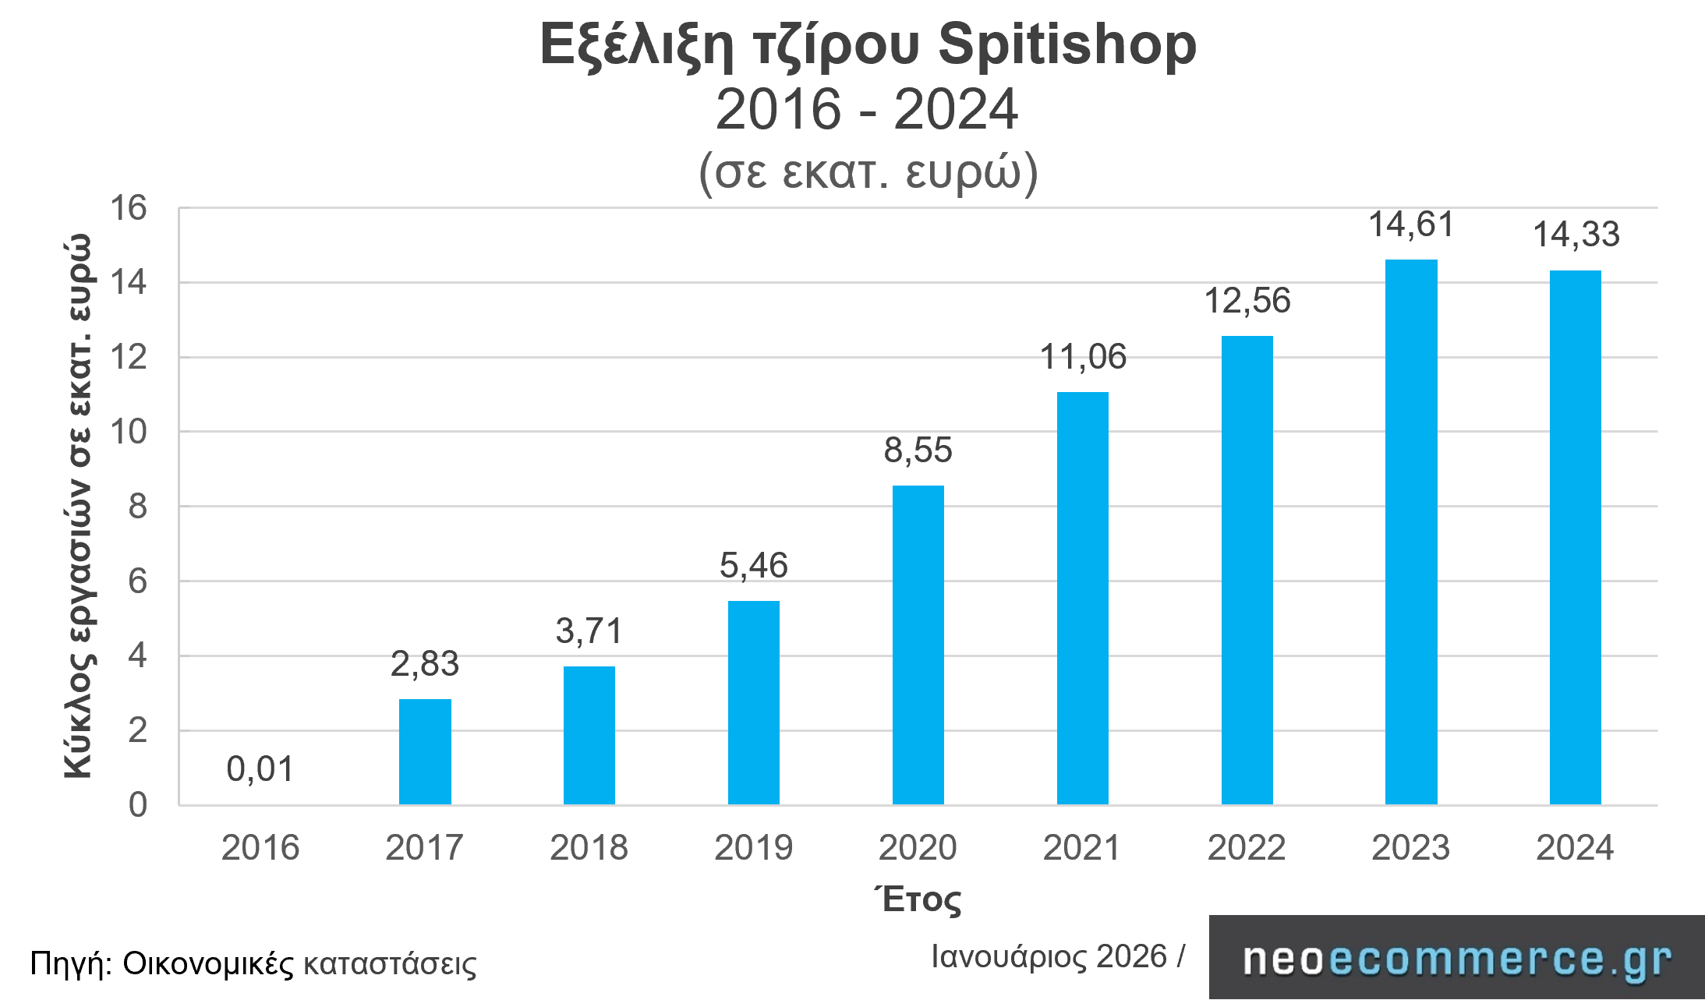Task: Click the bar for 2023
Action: [x=1411, y=532]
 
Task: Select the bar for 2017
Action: [x=425, y=751]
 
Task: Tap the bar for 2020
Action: [x=918, y=645]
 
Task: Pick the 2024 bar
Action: [x=1576, y=537]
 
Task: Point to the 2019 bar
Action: [x=754, y=702]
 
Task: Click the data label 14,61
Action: [x=1412, y=224]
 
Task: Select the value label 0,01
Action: [x=260, y=769]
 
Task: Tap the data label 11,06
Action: [x=1083, y=357]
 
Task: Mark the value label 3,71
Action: [x=589, y=631]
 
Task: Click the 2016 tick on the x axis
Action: [x=260, y=847]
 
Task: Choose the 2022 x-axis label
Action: [x=1247, y=847]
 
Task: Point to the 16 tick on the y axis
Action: [x=129, y=208]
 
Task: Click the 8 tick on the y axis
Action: [x=137, y=507]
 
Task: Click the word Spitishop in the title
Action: [x=1067, y=44]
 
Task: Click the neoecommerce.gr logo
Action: [x=1456, y=959]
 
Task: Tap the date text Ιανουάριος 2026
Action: [x=1049, y=956]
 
